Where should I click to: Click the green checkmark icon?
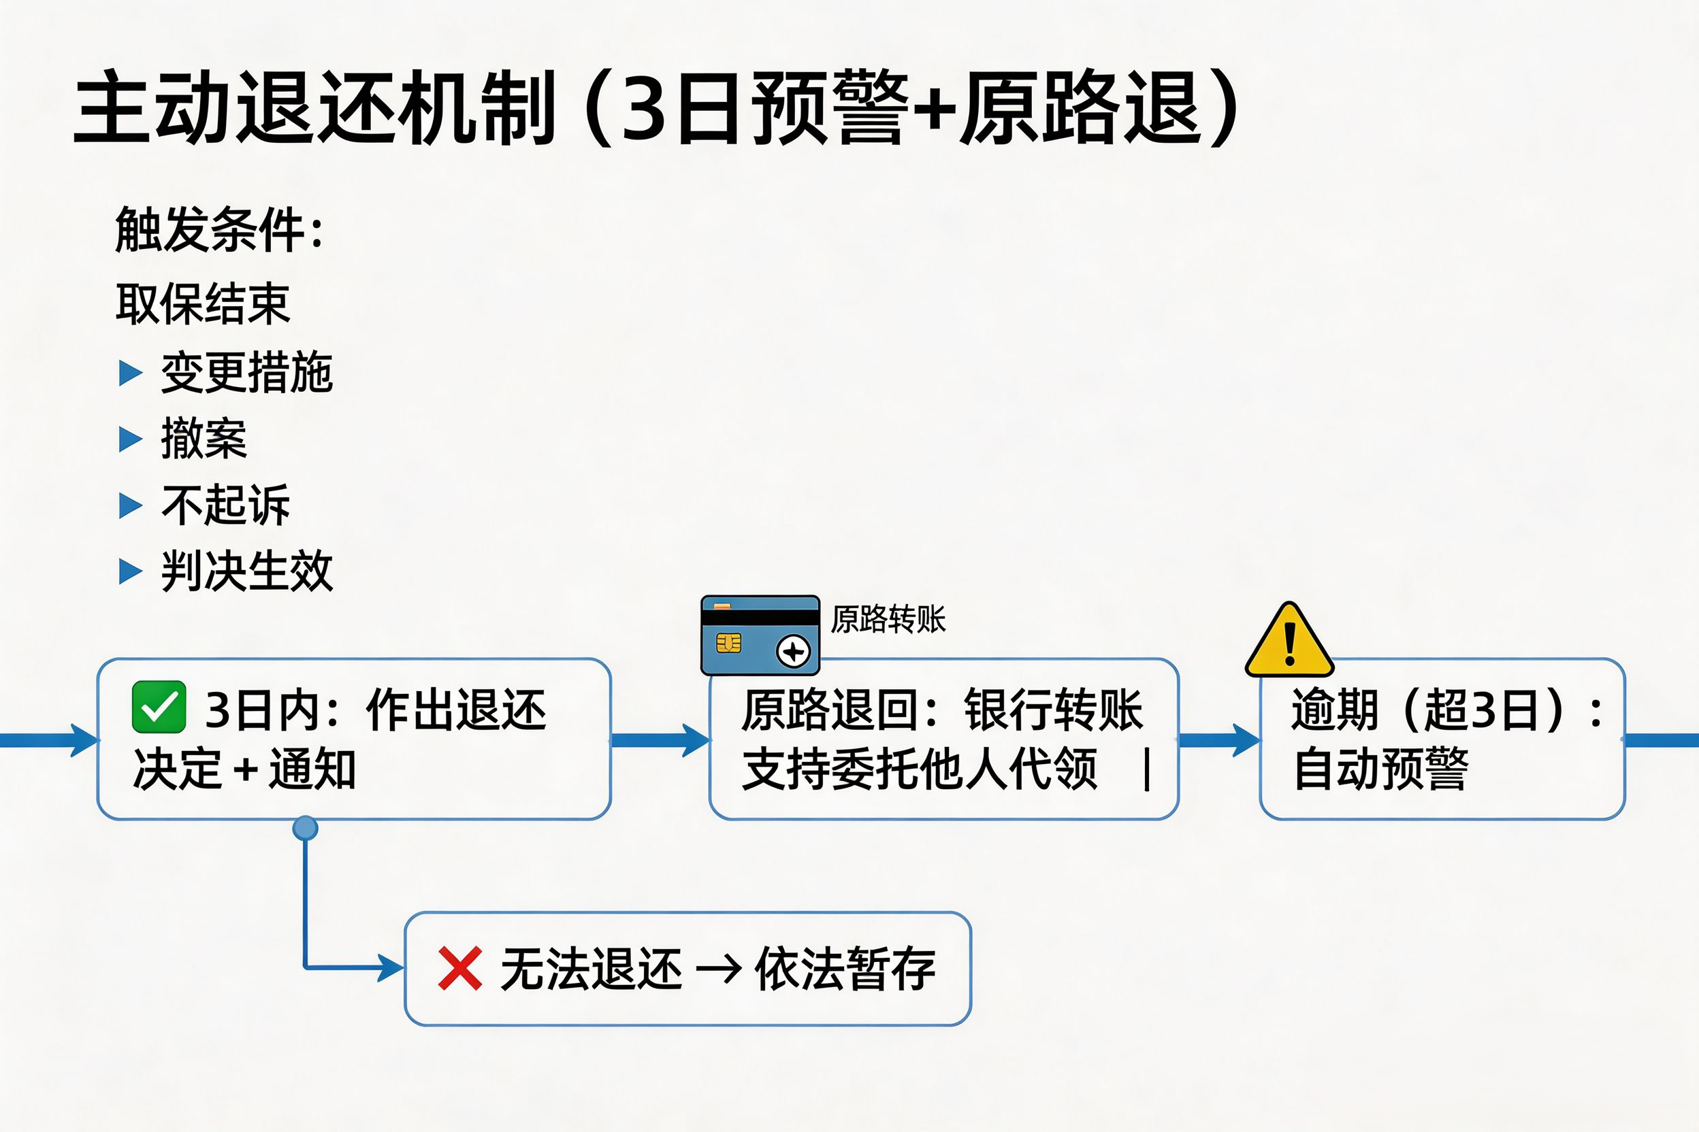(159, 707)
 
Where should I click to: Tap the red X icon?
(459, 968)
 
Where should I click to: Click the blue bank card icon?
(760, 635)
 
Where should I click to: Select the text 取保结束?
(203, 303)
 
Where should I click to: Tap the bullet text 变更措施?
(247, 373)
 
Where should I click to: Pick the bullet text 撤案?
(204, 438)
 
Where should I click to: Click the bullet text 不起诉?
(226, 505)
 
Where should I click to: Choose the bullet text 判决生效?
(247, 571)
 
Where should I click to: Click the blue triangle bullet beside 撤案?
(130, 438)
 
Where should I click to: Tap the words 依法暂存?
(845, 968)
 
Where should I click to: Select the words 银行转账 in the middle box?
(1053, 710)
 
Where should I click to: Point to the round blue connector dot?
(305, 828)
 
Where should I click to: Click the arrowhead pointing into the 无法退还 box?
(391, 967)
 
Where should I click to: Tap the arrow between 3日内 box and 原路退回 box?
(660, 740)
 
